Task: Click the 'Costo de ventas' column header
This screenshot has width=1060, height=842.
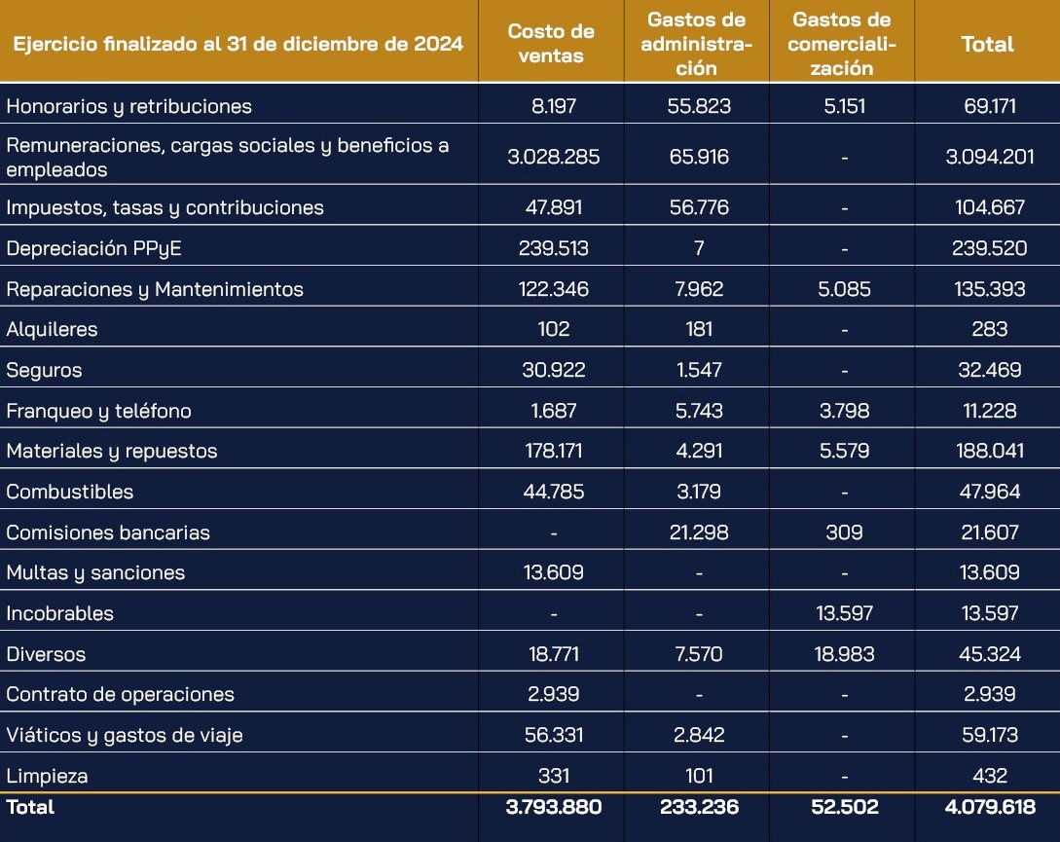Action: [x=551, y=43]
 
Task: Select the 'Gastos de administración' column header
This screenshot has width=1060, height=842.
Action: [x=696, y=43]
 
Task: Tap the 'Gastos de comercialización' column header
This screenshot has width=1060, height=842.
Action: [x=842, y=43]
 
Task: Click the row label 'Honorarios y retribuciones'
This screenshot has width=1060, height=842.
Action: [x=129, y=106]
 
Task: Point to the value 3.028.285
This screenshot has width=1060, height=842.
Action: [x=554, y=157]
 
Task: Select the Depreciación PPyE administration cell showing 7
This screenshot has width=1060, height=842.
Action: [x=699, y=248]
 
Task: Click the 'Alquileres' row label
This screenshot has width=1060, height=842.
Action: [x=52, y=329]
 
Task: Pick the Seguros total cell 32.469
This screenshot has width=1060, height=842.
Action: [x=990, y=370]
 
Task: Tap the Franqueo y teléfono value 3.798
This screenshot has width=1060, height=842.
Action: [x=844, y=411]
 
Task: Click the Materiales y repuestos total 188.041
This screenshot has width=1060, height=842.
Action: [x=990, y=451]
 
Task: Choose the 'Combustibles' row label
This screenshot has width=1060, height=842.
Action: [x=70, y=492]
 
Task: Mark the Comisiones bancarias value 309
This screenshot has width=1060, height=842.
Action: [x=844, y=532]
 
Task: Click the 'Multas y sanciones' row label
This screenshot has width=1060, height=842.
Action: [x=95, y=572]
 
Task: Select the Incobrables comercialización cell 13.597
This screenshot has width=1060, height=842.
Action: [x=844, y=613]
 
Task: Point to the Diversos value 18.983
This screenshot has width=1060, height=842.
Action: [x=844, y=654]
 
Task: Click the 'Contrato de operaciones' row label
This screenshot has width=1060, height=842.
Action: [x=121, y=695]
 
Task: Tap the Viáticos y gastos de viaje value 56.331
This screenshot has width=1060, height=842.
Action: [x=554, y=735]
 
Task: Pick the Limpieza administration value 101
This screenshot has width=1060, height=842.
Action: [x=699, y=776]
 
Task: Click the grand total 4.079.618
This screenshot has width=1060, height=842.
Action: [x=990, y=807]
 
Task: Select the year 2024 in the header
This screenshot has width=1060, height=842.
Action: [x=438, y=44]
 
